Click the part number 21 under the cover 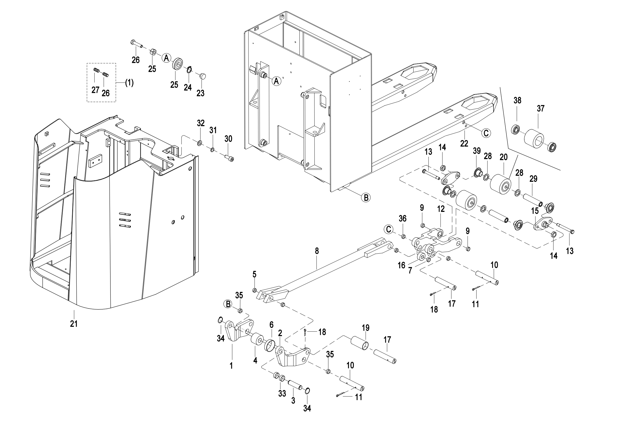[74, 324]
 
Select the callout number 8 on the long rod [317, 251]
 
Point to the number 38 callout [517, 100]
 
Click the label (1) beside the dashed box [129, 83]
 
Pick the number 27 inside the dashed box [95, 90]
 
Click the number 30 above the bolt [228, 139]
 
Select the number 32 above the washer [201, 123]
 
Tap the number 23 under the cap [201, 93]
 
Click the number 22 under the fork [464, 144]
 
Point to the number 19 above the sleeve [366, 328]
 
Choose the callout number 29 [533, 179]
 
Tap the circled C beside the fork [486, 133]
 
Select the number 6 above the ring [272, 325]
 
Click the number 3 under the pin [293, 400]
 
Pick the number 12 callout [441, 209]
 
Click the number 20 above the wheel [504, 157]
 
